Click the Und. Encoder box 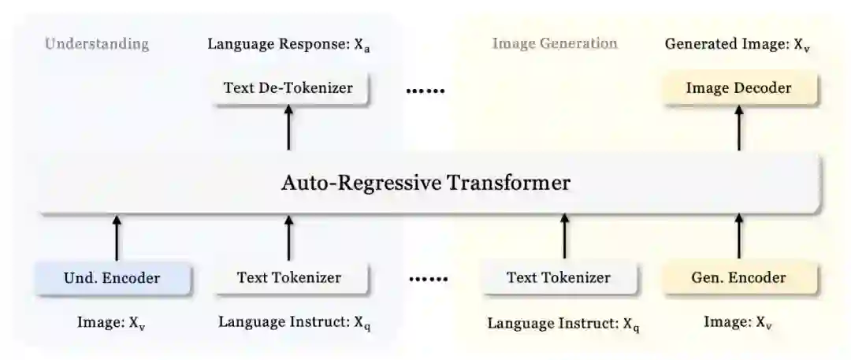111,278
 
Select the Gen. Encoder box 738,278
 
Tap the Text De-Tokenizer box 288,88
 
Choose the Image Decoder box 738,88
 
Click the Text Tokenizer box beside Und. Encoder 288,278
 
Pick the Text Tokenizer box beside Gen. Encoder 558,278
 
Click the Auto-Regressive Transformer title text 425,184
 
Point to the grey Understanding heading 96,44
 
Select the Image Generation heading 555,44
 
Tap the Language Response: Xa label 289,45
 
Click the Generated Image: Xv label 737,45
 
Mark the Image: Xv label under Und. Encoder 111,322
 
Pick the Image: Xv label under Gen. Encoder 738,322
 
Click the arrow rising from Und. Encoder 117,236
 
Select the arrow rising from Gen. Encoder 738,236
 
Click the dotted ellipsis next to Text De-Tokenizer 425,91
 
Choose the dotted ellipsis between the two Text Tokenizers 429,280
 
